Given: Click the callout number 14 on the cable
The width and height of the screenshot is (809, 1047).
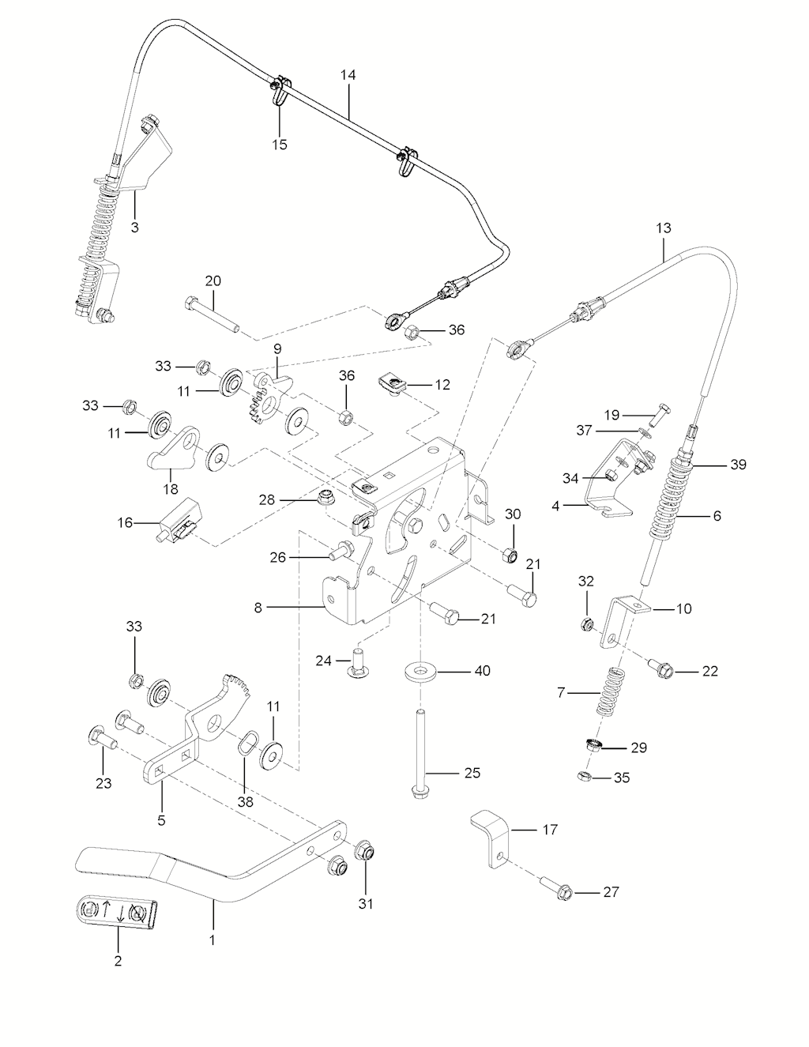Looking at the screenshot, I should pyautogui.click(x=348, y=75).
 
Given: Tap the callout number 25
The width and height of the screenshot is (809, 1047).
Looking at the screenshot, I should pyautogui.click(x=472, y=772).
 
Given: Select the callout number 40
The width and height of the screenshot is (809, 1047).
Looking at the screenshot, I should pyautogui.click(x=481, y=671).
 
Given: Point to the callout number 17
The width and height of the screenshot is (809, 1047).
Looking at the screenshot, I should pyautogui.click(x=549, y=830).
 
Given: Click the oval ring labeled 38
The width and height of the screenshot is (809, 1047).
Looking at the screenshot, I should pyautogui.click(x=246, y=743).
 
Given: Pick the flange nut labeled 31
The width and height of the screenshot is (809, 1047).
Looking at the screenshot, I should pyautogui.click(x=365, y=853).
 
